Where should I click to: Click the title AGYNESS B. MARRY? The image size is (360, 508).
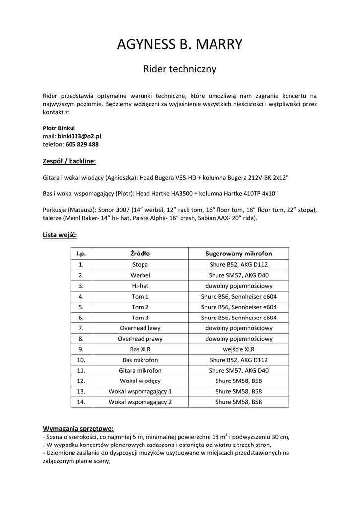[180, 45]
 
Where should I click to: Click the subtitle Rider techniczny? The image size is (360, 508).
[180, 69]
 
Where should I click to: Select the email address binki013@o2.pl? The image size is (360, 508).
[79, 136]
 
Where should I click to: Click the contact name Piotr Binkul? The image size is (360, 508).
[59, 127]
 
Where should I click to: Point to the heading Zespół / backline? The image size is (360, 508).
[69, 161]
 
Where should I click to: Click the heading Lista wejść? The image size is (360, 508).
[60, 234]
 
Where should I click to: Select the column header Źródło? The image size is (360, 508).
[140, 254]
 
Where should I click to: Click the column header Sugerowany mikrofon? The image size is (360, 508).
[238, 254]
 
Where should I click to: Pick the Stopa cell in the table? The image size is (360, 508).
[140, 264]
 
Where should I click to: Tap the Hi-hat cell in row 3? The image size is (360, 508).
[140, 286]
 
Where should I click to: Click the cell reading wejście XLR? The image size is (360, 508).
[238, 349]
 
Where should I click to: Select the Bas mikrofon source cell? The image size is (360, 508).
[140, 360]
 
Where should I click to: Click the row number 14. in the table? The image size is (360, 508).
[81, 402]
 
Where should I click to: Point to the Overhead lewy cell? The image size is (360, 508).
[140, 328]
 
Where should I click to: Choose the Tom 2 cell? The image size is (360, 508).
[140, 307]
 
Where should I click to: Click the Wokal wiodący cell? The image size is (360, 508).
[140, 381]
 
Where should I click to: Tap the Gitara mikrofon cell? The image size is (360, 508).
[140, 370]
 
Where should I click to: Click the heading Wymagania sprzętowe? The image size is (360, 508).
[78, 428]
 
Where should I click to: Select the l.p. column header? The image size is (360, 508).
[81, 254]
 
